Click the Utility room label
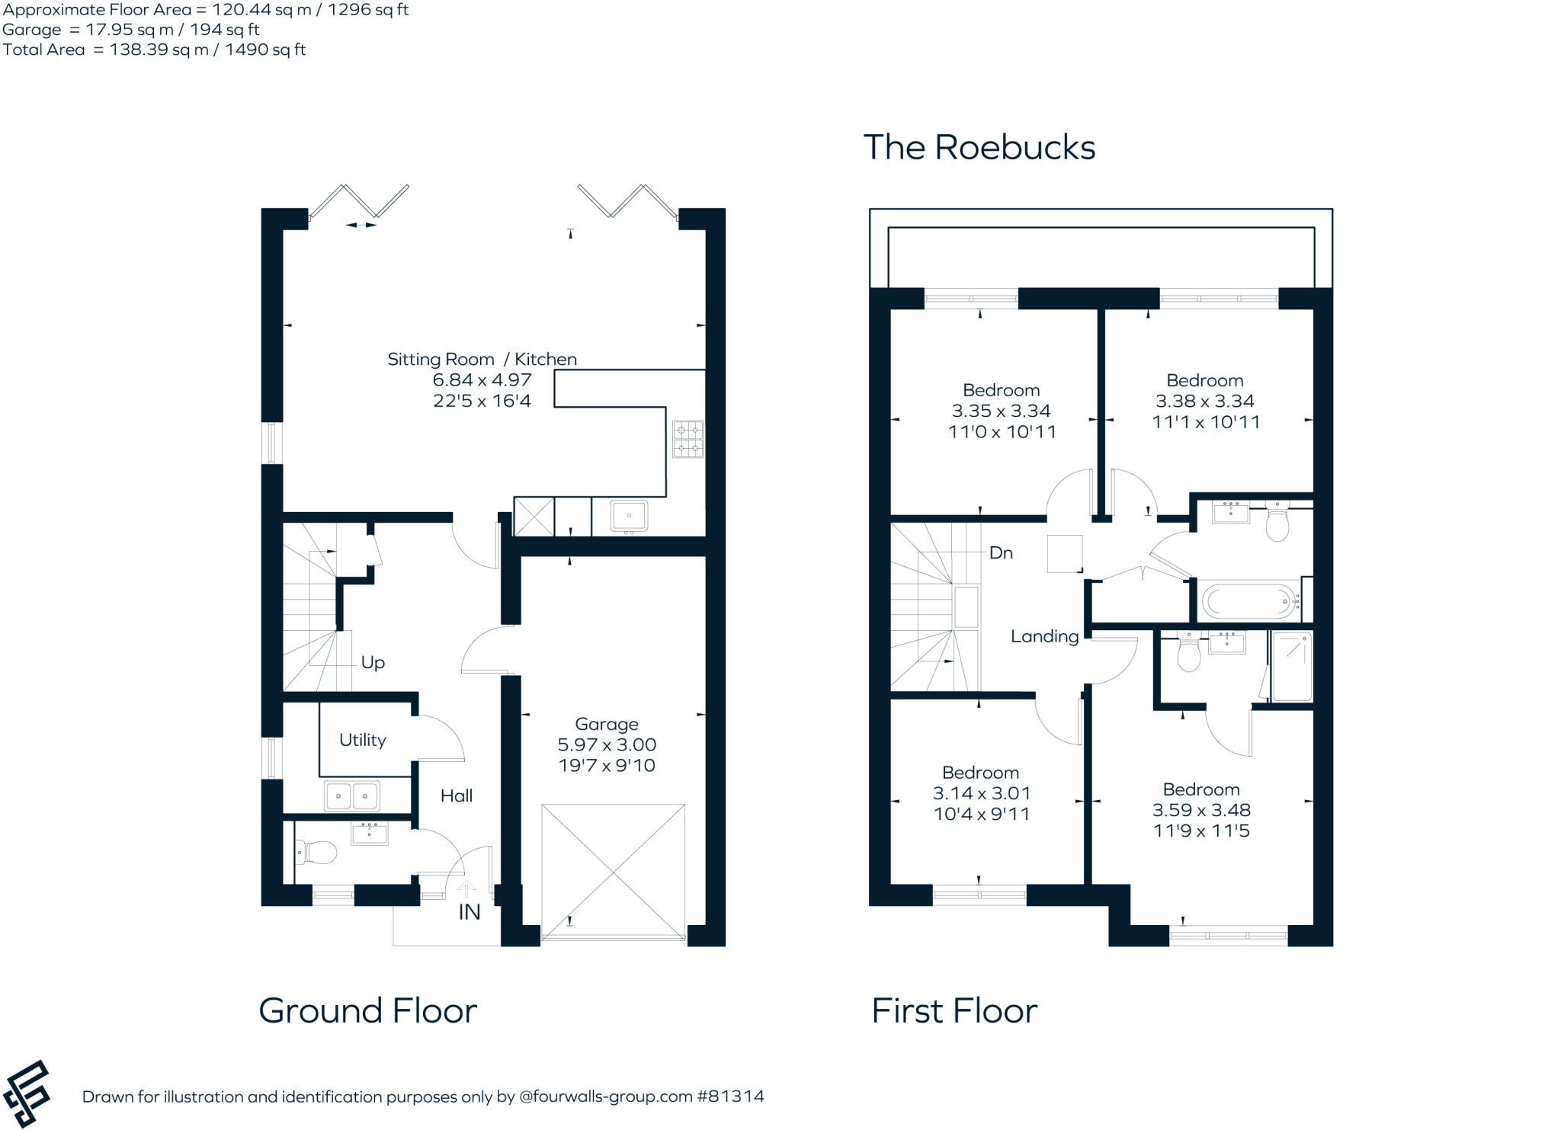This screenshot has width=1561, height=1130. coord(362,740)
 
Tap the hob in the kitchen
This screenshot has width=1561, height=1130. coord(688,439)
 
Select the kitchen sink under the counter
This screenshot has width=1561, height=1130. coord(629,515)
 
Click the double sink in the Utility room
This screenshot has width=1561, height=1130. coord(351,796)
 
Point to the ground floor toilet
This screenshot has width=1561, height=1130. coord(317,852)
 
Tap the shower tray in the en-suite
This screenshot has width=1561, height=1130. coord(1291,666)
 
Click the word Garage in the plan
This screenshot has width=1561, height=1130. coord(606,724)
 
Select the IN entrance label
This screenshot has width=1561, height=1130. coord(470,912)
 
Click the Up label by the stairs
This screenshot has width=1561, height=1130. coord(373,663)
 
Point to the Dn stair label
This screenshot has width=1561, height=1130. coord(1001,553)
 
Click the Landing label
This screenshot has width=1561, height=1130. coord(1044,636)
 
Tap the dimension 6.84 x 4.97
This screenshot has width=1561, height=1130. coord(482,379)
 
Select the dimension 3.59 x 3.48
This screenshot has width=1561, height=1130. coord(1201,810)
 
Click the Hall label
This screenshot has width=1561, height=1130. coord(457,795)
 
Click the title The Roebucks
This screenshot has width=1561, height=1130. coord(979,147)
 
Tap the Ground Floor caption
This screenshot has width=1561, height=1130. coord(367,1010)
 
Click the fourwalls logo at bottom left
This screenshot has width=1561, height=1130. coord(27,1093)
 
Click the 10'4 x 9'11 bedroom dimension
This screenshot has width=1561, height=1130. coord(981,814)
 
